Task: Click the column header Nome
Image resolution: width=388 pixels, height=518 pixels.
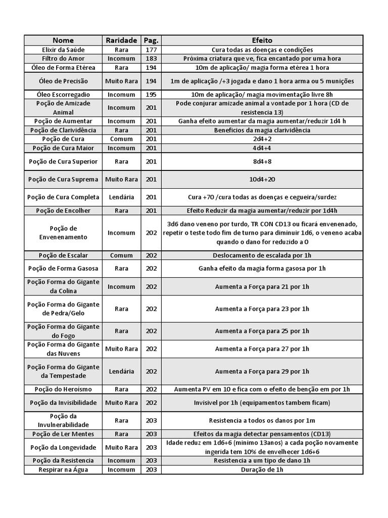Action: click(63, 40)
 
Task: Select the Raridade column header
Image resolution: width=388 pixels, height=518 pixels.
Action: click(121, 40)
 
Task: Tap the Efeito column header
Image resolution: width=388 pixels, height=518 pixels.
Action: click(262, 40)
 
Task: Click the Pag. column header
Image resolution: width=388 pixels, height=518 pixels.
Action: click(151, 40)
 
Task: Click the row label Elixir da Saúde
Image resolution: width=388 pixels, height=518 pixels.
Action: click(63, 50)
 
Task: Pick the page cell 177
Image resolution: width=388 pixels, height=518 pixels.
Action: click(151, 50)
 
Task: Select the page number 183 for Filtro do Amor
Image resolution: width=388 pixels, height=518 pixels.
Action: click(151, 59)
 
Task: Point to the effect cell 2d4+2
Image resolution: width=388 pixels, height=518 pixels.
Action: click(262, 139)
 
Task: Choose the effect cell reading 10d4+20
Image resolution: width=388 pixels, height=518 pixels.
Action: click(262, 180)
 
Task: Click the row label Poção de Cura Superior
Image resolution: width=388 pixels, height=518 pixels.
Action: click(63, 161)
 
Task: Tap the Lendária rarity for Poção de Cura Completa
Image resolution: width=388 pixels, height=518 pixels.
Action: click(121, 197)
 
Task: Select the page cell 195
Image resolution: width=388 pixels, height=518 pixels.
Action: click(151, 95)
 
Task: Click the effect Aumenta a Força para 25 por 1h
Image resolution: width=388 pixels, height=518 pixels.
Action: click(262, 331)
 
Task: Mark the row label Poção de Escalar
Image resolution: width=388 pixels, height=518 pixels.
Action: click(63, 255)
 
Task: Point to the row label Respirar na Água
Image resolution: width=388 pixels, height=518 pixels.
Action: click(63, 470)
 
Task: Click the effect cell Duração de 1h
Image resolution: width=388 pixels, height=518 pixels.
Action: click(262, 470)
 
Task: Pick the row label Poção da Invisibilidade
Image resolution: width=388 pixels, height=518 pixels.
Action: click(63, 403)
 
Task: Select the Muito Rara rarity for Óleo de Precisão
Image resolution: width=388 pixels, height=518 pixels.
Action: click(121, 81)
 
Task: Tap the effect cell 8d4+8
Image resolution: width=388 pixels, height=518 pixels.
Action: click(262, 161)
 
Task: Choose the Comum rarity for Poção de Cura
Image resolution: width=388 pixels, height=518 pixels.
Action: click(121, 139)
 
